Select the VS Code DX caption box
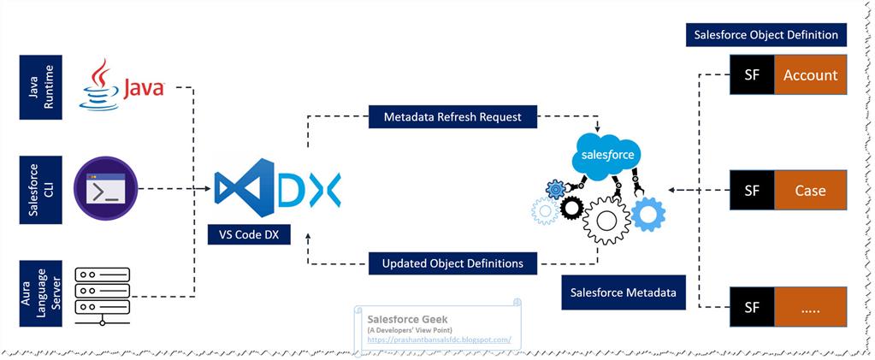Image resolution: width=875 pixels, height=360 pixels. pos(249,233)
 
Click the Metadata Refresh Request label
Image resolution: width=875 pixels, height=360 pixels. pos(452,116)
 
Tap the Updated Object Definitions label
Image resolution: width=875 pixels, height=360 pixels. pos(452,263)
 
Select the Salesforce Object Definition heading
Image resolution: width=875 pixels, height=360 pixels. pos(767,35)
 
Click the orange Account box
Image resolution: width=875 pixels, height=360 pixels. pos(810,74)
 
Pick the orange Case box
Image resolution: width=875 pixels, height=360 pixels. pos(810,190)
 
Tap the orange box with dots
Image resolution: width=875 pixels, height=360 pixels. pos(810,309)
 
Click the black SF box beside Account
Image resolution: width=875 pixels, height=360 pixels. pos(751,74)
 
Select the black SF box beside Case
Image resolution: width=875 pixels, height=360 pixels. pos(751,190)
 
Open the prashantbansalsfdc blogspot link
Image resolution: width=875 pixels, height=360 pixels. pos(439,339)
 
